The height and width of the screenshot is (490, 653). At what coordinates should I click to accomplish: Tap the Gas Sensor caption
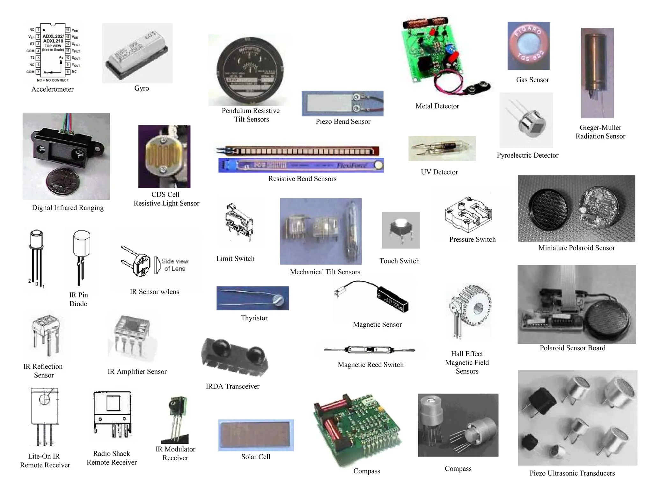[x=532, y=80]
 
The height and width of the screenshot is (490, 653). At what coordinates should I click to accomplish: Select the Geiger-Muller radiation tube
[x=597, y=70]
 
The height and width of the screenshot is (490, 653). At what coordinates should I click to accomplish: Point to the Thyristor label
[x=254, y=318]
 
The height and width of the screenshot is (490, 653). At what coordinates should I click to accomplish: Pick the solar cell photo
[x=256, y=435]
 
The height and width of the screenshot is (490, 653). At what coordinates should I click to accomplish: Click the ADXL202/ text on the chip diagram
[x=53, y=36]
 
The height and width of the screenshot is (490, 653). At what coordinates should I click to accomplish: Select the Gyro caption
[x=142, y=88]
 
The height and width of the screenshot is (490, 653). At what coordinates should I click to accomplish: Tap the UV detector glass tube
[x=442, y=148]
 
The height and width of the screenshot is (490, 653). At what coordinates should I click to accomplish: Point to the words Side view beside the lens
[x=175, y=261]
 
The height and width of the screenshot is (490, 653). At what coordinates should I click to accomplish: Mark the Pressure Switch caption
[x=472, y=240]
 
